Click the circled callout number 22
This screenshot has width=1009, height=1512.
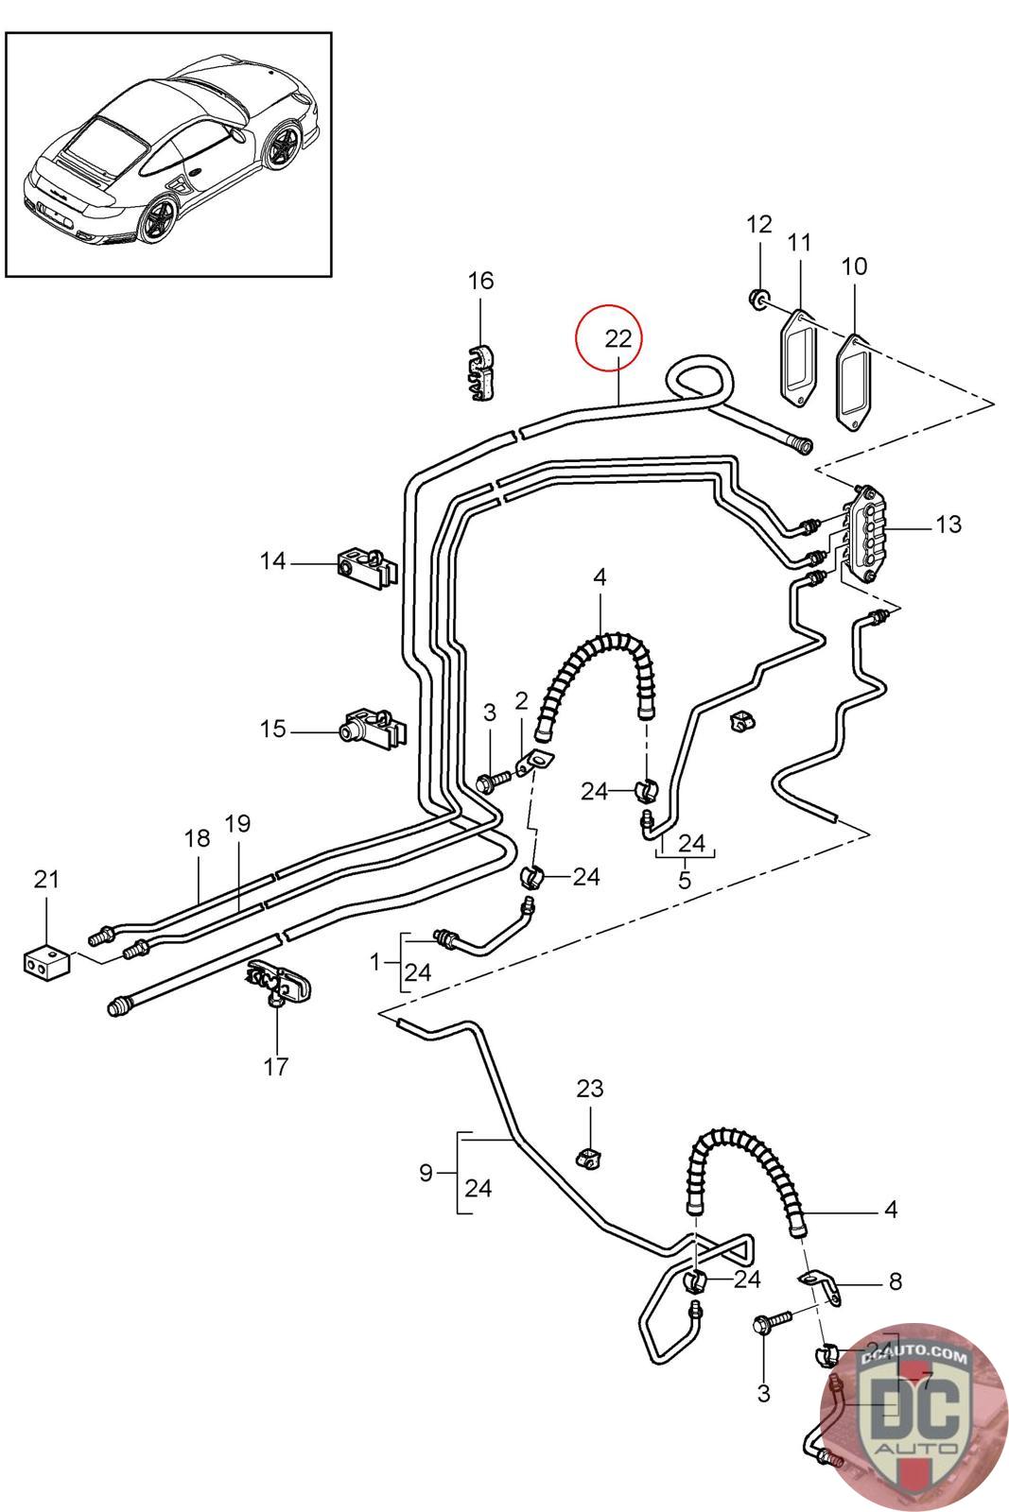[618, 338]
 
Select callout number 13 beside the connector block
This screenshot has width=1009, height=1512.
[948, 524]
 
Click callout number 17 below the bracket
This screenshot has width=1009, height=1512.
[275, 1066]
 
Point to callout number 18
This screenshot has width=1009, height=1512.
[197, 837]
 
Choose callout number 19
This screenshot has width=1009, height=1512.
[238, 823]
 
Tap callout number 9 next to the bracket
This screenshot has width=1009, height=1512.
[426, 1173]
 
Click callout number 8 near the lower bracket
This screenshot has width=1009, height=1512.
[895, 1281]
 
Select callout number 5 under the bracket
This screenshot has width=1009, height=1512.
[685, 879]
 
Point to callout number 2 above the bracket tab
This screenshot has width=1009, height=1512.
[521, 700]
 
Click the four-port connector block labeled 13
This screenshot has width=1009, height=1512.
[866, 530]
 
